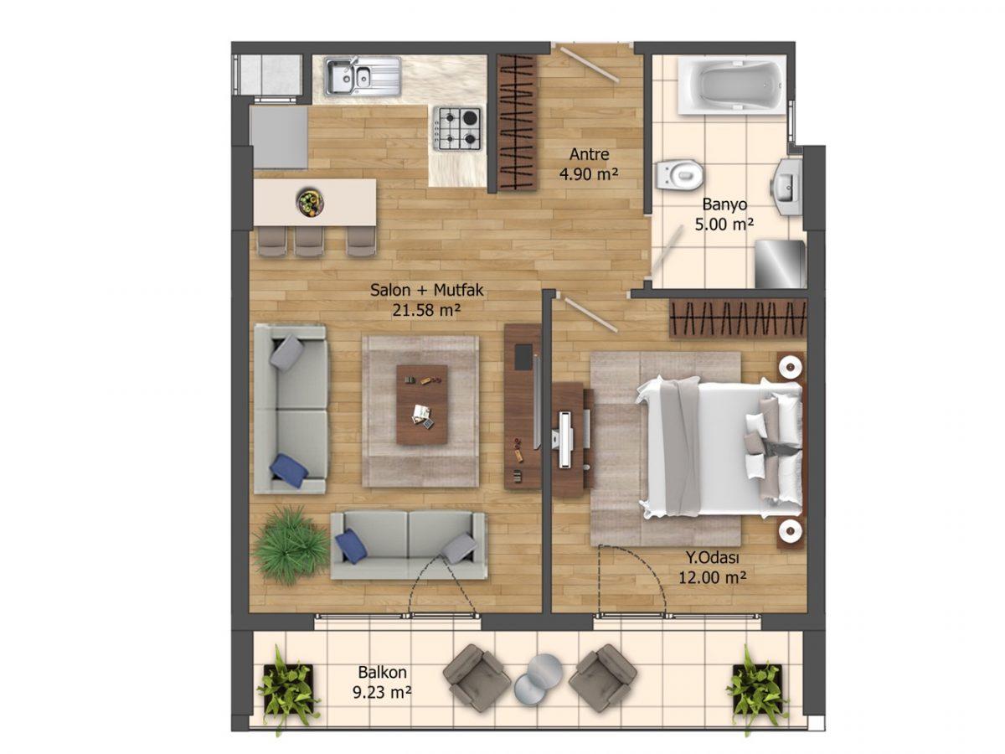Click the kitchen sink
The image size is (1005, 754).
362,76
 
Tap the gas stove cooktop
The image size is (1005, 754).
457,129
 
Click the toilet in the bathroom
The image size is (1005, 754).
678,174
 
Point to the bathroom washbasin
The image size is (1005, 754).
787,187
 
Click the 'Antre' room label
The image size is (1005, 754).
589,154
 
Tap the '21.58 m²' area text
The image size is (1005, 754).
425,310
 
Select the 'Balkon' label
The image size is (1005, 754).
382,672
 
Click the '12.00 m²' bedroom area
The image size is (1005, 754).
712,577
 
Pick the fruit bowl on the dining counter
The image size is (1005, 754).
310,201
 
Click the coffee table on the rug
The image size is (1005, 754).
422,405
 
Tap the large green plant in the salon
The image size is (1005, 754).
290,545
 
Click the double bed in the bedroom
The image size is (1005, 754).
719,447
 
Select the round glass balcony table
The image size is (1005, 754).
539,680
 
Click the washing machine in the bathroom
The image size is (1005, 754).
780,264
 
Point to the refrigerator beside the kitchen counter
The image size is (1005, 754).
279,137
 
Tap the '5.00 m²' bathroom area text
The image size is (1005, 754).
724,225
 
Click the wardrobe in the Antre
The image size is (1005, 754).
518,122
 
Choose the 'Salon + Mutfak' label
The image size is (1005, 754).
427,290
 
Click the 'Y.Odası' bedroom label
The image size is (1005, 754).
713,558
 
